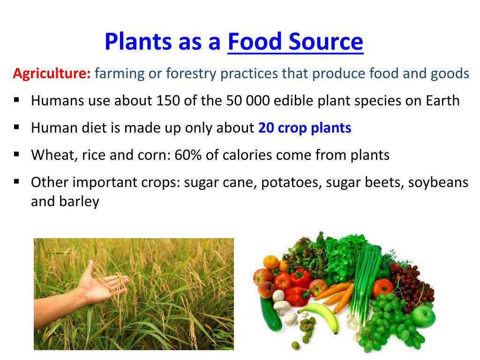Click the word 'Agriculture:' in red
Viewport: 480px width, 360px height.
tap(52, 74)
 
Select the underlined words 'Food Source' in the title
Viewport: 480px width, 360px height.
tap(295, 42)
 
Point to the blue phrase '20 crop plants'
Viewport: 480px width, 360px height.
tap(304, 128)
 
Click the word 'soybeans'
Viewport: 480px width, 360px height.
tap(438, 182)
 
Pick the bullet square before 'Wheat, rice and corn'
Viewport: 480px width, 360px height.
tap(17, 154)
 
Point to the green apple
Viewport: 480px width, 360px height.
tap(424, 317)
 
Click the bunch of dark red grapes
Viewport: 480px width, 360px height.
tap(412, 281)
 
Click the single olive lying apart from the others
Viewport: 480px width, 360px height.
tap(295, 345)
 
